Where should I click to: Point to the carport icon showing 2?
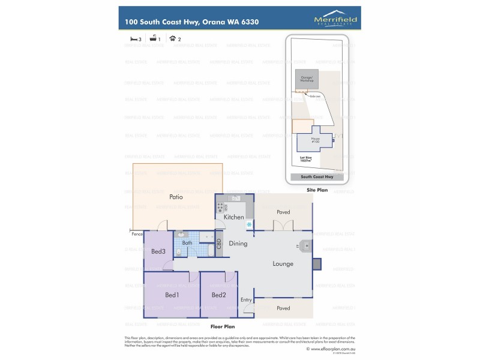coord(173,38)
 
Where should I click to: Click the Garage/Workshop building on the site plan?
coord(307,80)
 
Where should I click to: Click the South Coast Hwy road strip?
coord(316,177)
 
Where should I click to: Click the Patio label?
coord(176,197)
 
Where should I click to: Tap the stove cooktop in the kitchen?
coord(220,207)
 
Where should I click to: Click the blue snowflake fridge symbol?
coord(249,224)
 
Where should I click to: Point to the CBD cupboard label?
coord(219,244)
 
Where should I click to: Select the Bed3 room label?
coord(158,251)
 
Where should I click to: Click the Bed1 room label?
coord(172,295)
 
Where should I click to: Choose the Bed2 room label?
coord(218,295)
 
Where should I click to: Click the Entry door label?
coord(246,299)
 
